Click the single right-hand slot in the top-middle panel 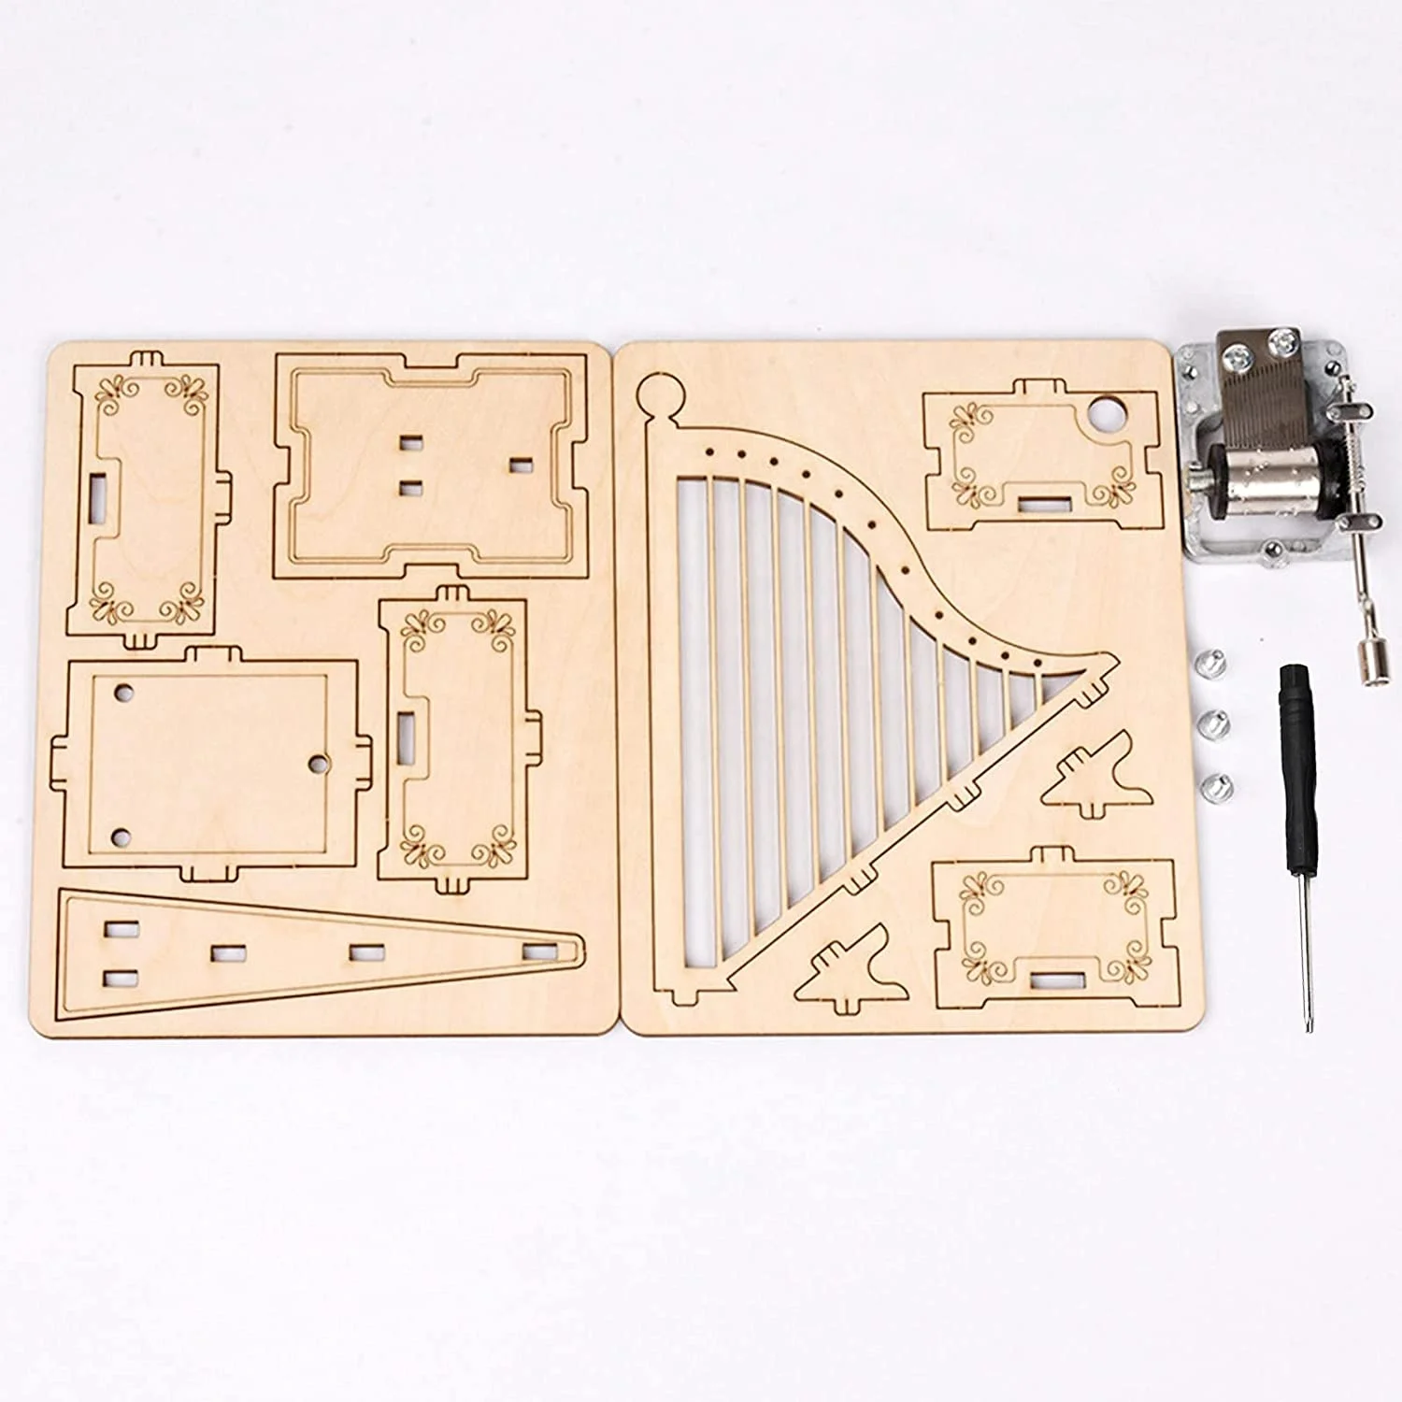[x=520, y=463]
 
